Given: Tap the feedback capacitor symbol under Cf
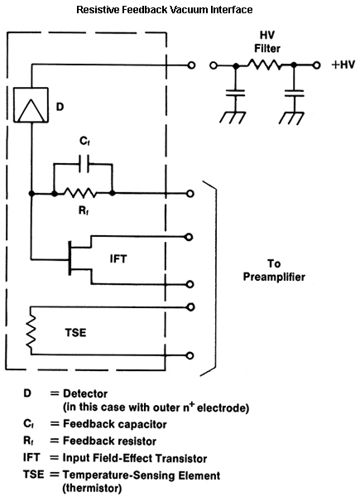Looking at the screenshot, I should pyautogui.click(x=82, y=166).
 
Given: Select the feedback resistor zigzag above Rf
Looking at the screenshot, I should pyautogui.click(x=83, y=193).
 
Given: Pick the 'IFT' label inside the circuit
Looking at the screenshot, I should pyautogui.click(x=119, y=259).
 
